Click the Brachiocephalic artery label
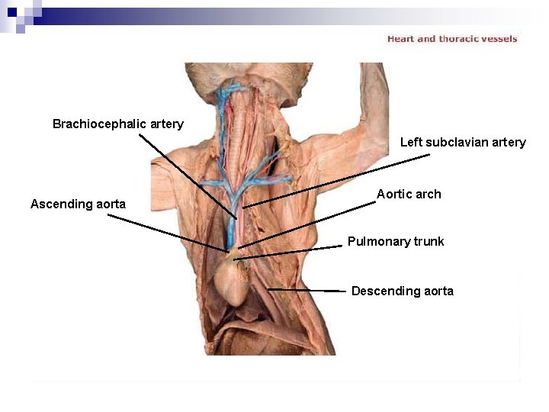tap(118, 124)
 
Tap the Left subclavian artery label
tap(463, 142)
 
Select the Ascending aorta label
tap(78, 204)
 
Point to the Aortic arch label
tap(409, 194)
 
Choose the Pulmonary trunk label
tap(396, 241)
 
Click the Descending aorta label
tap(402, 291)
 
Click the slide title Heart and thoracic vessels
tap(452, 39)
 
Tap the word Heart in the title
tap(400, 39)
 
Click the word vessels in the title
tap(499, 39)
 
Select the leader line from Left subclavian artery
tap(335, 181)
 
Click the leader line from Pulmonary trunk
tap(290, 253)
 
